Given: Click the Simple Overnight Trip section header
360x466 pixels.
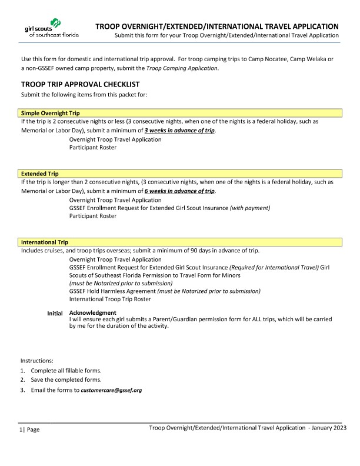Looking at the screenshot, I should click(x=51, y=113).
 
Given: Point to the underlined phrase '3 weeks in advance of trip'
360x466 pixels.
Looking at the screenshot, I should click(x=180, y=130).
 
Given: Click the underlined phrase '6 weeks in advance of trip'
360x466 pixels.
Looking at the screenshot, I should click(x=180, y=191).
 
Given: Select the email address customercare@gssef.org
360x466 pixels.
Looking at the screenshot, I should click(x=111, y=390).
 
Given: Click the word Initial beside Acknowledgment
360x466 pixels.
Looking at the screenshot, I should click(x=55, y=313).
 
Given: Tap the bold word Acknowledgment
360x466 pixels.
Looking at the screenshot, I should click(x=92, y=312).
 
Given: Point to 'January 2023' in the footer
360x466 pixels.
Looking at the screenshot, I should click(x=329, y=427).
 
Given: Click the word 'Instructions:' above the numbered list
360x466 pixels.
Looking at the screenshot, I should click(x=37, y=360).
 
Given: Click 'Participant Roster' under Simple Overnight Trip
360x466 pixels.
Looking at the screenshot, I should click(x=92, y=147).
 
